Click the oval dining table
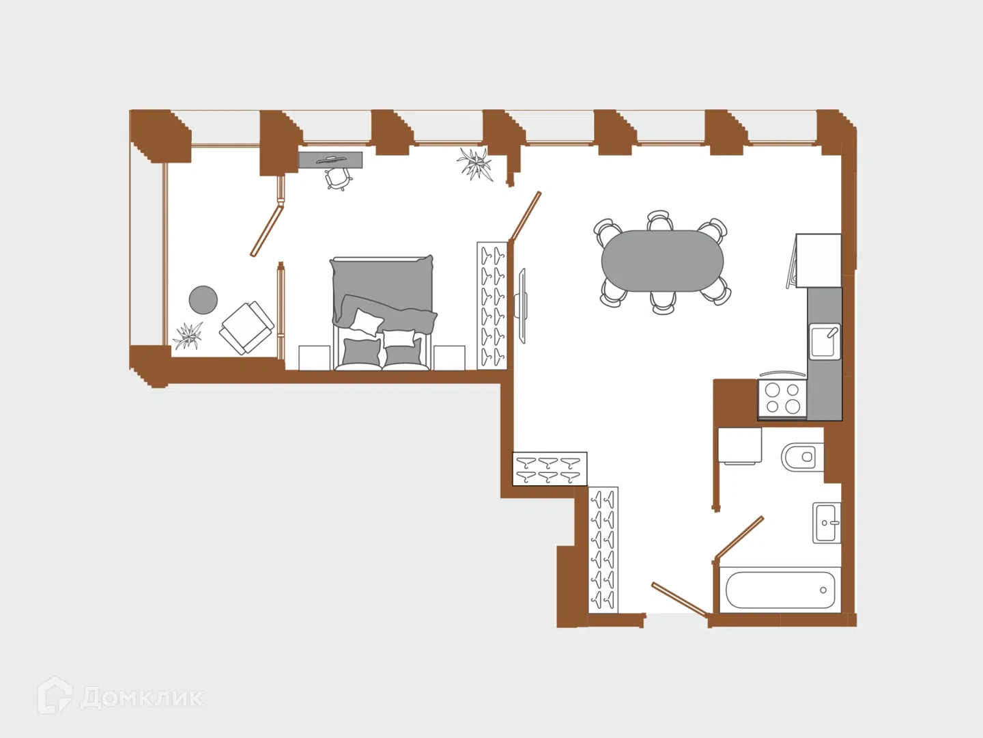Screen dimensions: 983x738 coord(662,261)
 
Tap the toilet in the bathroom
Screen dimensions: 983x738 coord(802,457)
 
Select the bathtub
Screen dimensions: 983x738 coord(780,590)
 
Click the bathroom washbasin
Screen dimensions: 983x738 coord(826,523)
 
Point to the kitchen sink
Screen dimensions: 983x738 coord(825,342)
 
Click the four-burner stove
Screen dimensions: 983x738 coord(782,398)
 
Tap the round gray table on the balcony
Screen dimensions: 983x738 coord(203,300)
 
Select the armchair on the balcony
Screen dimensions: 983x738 coord(246,327)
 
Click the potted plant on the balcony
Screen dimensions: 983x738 coord(188,335)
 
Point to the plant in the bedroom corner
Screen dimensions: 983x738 coord(475,164)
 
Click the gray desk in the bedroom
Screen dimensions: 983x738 coord(330,160)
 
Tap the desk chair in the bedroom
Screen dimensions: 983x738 coord(338,179)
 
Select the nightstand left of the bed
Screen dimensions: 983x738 coord(315,357)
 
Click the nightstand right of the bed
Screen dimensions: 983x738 coord(449,357)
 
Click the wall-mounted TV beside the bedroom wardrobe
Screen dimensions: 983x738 coord(521,305)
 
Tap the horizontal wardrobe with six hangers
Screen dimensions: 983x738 coord(550,469)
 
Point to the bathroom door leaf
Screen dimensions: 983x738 coord(739,538)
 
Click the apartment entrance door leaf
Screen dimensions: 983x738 coord(680,599)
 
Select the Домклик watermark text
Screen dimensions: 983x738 coord(142,697)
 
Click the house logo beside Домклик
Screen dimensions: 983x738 coord(55,695)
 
